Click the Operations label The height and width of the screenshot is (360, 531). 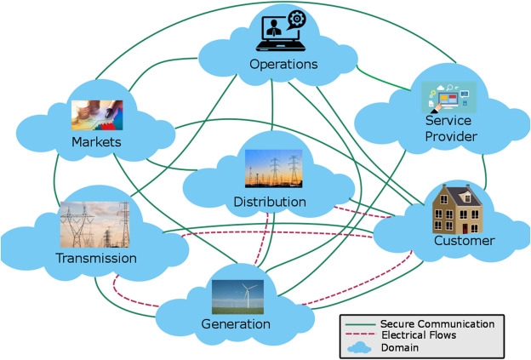[x=283, y=64]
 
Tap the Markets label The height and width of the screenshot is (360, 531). [x=96, y=141]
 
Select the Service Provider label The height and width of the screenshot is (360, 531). [x=450, y=129]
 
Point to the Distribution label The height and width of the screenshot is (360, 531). [x=269, y=202]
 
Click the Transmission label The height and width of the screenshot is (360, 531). [x=95, y=258]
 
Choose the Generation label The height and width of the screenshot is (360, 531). [x=236, y=323]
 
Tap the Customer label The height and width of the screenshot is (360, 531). [x=464, y=241]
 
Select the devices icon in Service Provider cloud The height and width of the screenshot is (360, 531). [x=449, y=97]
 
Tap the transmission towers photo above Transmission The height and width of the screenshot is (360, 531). [x=94, y=225]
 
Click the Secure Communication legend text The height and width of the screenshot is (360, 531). [x=437, y=323]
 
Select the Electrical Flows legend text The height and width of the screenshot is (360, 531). [x=421, y=335]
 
